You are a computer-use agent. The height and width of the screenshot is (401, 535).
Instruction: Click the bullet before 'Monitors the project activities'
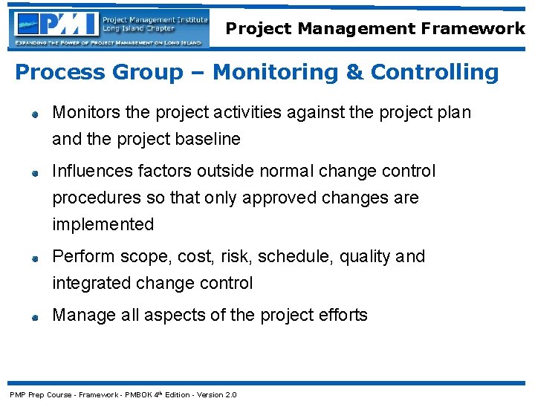[x=34, y=114]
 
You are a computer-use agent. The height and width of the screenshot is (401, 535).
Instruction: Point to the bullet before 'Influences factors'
[x=34, y=173]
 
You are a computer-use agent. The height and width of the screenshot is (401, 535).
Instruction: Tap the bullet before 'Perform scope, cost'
[x=34, y=258]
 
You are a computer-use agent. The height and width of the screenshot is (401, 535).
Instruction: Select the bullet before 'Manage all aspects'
[x=34, y=317]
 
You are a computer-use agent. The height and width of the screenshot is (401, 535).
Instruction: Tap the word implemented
[x=103, y=224]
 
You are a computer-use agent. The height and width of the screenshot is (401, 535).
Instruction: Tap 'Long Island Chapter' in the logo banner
[x=137, y=28]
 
